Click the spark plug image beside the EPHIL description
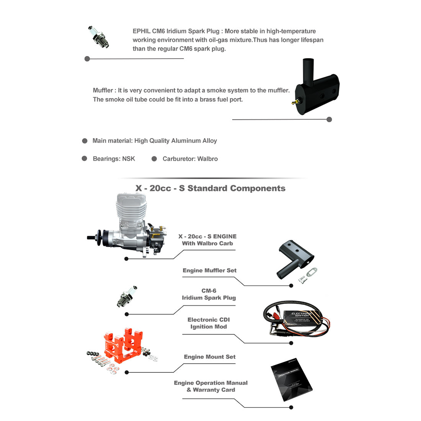tap(99, 37)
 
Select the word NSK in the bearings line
tap(129, 159)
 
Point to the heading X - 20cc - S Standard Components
tap(210, 188)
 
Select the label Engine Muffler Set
tap(209, 271)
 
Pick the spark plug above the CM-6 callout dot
tap(127, 296)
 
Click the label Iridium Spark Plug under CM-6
tap(209, 298)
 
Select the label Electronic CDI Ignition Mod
tap(209, 323)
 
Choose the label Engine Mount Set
tap(209, 357)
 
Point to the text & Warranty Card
tap(211, 390)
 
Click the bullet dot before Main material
tap(85, 141)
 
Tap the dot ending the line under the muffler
tap(329, 119)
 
